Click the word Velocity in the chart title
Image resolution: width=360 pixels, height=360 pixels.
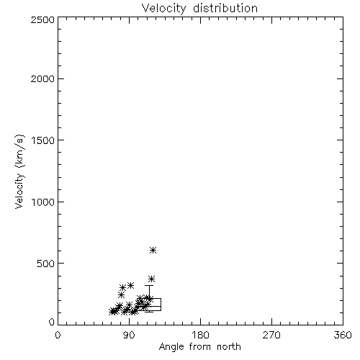point(164,9)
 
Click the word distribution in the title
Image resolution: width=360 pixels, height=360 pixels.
point(225,8)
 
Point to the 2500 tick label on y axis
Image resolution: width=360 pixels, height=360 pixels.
point(43,19)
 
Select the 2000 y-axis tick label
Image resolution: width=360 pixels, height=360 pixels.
point(43,78)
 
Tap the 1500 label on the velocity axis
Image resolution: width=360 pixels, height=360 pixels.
point(43,140)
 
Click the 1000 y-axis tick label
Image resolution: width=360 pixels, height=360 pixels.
point(43,202)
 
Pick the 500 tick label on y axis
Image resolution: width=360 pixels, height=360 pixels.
point(46,264)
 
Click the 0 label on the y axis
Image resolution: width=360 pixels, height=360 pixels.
point(52,322)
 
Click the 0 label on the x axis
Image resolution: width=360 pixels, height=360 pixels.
point(58,335)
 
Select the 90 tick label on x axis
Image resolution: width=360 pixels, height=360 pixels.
point(129,335)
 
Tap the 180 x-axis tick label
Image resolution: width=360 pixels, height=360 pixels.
point(200,335)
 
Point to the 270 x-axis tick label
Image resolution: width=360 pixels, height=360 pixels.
point(271,335)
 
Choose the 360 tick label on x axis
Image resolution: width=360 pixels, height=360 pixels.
point(343,335)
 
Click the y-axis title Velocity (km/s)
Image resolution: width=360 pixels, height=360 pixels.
point(19,171)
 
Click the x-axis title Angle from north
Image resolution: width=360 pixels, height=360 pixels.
point(200,347)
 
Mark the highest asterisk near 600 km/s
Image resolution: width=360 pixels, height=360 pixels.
point(153,251)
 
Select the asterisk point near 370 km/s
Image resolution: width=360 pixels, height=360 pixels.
point(151,279)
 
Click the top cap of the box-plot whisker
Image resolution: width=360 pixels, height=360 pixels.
point(149,285)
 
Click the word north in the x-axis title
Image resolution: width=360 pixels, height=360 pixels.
point(229,346)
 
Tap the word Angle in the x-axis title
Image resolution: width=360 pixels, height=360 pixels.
point(171,347)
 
